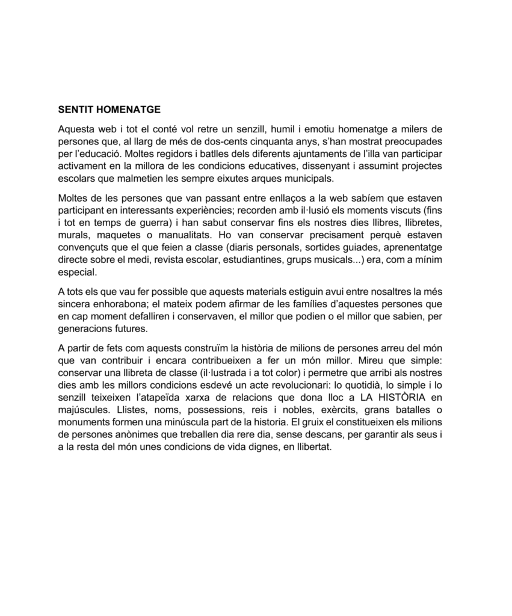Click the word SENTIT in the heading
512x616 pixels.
[75, 110]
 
